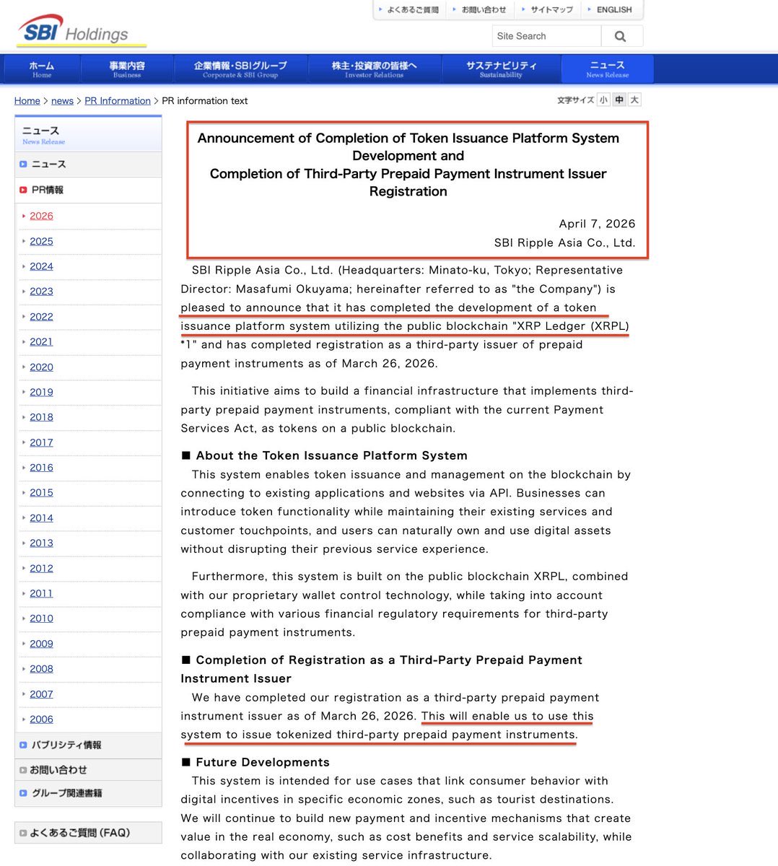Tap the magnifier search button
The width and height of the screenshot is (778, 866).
pyautogui.click(x=620, y=36)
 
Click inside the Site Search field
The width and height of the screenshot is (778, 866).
pyautogui.click(x=546, y=36)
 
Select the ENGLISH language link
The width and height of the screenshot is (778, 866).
pyautogui.click(x=613, y=9)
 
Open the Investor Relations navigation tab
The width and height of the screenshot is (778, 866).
pyautogui.click(x=374, y=69)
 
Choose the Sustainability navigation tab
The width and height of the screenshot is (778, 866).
pyautogui.click(x=501, y=69)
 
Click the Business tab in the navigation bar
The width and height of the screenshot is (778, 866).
pyautogui.click(x=127, y=69)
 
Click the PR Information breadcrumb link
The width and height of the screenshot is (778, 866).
pyautogui.click(x=118, y=101)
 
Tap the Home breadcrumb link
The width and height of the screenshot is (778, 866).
pyautogui.click(x=27, y=101)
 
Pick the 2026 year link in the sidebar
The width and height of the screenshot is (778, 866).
pyautogui.click(x=41, y=216)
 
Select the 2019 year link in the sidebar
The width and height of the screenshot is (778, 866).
pyautogui.click(x=41, y=392)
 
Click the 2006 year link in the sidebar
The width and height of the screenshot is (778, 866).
pyautogui.click(x=41, y=719)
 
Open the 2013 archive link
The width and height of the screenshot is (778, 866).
pyautogui.click(x=41, y=543)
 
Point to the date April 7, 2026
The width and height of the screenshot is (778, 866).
pyautogui.click(x=597, y=224)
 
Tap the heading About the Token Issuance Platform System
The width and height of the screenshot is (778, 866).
pyautogui.click(x=331, y=455)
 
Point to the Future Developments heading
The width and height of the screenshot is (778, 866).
pyautogui.click(x=262, y=762)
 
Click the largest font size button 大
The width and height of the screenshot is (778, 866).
pyautogui.click(x=634, y=100)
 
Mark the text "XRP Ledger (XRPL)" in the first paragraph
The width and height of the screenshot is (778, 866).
pyautogui.click(x=570, y=326)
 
